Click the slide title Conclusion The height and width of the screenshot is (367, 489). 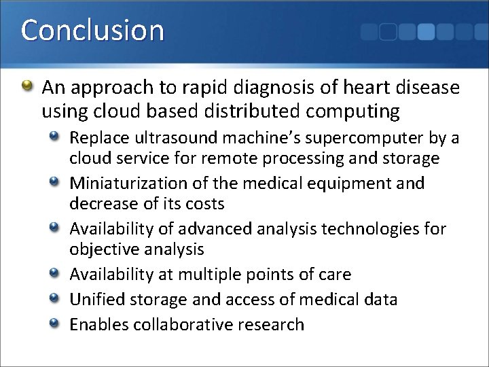pyautogui.click(x=92, y=31)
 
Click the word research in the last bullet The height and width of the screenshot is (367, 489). pyautogui.click(x=270, y=324)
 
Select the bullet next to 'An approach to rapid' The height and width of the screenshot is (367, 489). pyautogui.click(x=26, y=87)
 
